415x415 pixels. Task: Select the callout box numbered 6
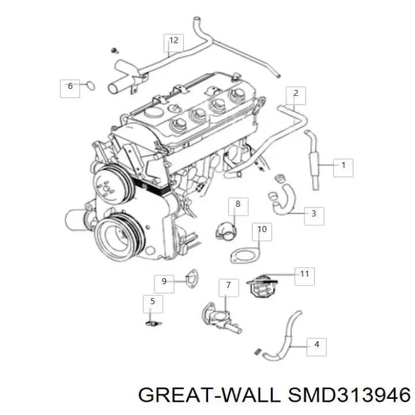point(70,86)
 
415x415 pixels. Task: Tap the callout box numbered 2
point(296,93)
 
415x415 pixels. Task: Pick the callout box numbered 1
point(343,165)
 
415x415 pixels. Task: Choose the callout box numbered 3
point(314,214)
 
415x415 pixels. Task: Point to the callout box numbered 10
point(262,229)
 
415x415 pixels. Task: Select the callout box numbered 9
point(164,281)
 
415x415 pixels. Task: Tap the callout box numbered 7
point(228,285)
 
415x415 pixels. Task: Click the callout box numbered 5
point(152,301)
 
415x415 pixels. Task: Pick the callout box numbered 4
point(316,345)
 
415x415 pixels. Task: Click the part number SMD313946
point(351,395)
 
